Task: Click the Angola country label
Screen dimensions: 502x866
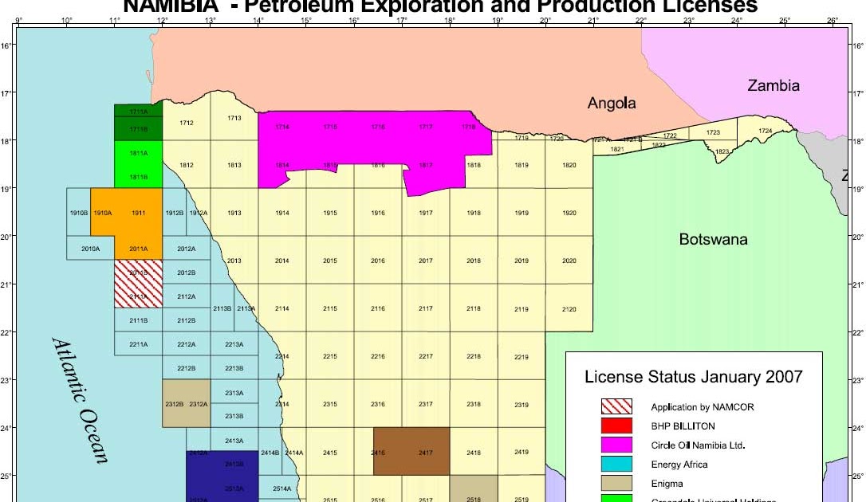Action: click(612, 103)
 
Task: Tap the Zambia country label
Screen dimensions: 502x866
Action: click(773, 85)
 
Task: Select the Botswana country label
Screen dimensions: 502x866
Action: click(713, 239)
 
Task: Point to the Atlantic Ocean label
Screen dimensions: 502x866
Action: click(81, 399)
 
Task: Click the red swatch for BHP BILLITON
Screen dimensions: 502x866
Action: click(616, 426)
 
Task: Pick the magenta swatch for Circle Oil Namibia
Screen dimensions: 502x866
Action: click(616, 445)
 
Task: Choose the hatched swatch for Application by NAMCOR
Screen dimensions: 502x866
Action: click(616, 407)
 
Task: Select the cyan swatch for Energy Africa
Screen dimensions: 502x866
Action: click(616, 465)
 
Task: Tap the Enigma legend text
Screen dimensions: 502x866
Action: click(667, 483)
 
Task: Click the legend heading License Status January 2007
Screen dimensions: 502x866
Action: click(693, 377)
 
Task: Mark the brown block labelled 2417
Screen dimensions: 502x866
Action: click(425, 452)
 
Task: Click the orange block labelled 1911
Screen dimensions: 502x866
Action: click(139, 213)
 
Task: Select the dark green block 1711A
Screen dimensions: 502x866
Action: click(138, 112)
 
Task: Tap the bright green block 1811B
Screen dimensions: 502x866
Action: click(138, 176)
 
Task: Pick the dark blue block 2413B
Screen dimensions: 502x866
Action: click(234, 464)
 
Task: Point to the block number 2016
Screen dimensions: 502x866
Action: click(378, 261)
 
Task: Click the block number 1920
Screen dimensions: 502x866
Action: click(569, 213)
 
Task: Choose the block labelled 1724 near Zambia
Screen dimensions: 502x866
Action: click(765, 130)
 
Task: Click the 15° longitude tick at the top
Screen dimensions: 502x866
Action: click(306, 19)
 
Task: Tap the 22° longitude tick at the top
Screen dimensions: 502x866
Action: click(641, 19)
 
